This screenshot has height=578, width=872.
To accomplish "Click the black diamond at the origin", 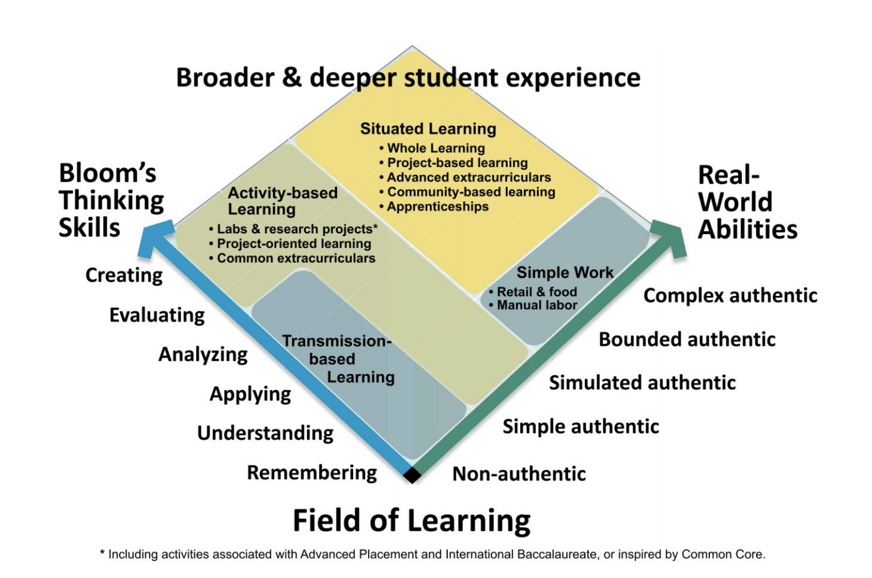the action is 412,475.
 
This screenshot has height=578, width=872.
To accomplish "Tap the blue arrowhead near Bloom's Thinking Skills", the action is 156,237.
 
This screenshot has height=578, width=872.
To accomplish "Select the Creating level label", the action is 124,275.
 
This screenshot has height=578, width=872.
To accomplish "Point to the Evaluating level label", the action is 157,315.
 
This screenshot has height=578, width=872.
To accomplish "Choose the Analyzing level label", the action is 203,354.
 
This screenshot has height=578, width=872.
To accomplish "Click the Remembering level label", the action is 312,473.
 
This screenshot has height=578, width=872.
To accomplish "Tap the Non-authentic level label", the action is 519,474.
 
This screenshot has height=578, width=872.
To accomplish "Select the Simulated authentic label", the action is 642,382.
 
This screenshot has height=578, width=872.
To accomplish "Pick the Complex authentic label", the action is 730,296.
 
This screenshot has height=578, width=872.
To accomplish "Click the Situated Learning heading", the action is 429,129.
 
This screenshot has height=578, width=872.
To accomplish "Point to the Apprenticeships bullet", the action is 434,207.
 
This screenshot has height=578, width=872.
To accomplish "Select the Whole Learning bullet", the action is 432,148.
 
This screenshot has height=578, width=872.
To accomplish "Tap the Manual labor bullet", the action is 533,305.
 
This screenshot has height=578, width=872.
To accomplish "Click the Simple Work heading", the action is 565,272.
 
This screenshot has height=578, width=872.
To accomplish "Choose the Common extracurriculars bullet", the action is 292,258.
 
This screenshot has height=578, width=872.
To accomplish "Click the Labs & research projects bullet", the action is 293,229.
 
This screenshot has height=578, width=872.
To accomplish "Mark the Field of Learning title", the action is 412,521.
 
